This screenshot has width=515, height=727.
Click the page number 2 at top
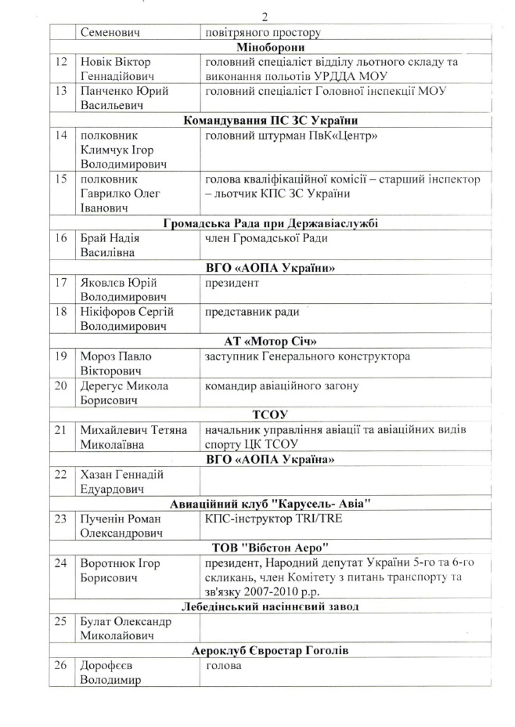click(265, 17)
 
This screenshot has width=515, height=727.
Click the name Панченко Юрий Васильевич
click(124, 99)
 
